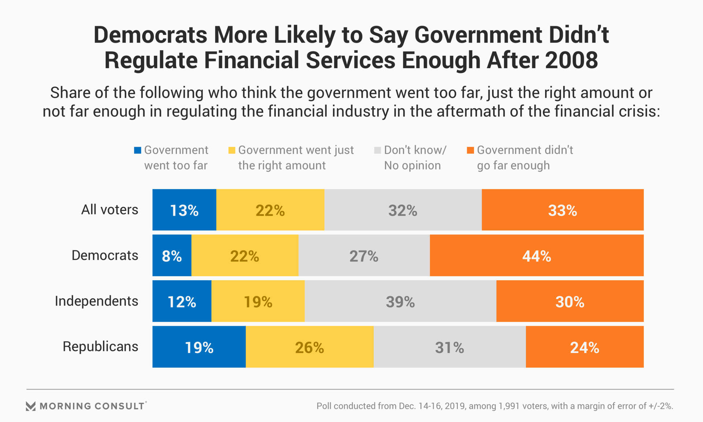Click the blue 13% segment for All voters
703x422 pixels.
[x=184, y=210]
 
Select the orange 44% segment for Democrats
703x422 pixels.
[x=536, y=256]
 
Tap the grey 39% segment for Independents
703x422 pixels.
[x=400, y=301]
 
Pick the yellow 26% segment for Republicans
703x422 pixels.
[x=309, y=347]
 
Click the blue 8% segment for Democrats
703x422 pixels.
[x=172, y=256]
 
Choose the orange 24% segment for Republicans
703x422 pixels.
[x=584, y=347]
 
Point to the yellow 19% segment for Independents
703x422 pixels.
[x=258, y=301]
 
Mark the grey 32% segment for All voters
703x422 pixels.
[x=403, y=210]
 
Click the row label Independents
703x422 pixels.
[x=97, y=301]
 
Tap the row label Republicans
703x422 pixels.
[x=100, y=347]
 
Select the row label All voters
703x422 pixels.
[x=109, y=210]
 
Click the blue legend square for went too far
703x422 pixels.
[x=138, y=150]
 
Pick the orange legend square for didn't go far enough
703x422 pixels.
[x=470, y=150]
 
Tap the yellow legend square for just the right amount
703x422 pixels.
[x=232, y=150]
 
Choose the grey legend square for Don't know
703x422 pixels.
[x=377, y=150]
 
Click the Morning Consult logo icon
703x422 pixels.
[x=31, y=406]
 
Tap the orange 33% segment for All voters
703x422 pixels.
[x=562, y=210]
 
